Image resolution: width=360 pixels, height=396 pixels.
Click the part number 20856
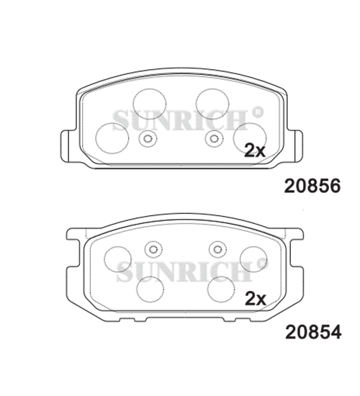pos(312,186)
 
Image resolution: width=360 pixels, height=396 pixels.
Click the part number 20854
pos(313,332)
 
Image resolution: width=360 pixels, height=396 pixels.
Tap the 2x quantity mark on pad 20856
pos(255,150)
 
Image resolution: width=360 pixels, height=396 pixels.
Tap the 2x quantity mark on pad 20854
pos(256,299)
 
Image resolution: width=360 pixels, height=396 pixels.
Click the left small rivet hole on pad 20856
pos(148,139)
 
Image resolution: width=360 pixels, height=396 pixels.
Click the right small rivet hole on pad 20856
pos(214,139)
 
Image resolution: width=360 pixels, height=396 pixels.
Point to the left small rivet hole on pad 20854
pos(153,250)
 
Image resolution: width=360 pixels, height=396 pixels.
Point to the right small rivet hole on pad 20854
pos(217,250)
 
